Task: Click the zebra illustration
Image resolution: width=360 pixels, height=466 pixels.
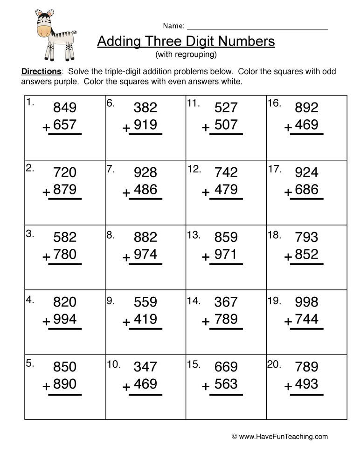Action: tap(55, 34)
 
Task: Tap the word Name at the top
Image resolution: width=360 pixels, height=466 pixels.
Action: tap(173, 26)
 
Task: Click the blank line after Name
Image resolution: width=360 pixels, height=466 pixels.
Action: tap(257, 28)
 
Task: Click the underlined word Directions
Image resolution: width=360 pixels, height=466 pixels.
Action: tap(42, 72)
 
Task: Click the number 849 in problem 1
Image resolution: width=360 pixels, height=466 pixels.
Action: tap(65, 108)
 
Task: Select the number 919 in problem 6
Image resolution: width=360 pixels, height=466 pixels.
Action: tap(145, 125)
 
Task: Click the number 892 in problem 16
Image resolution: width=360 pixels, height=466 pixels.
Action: tap(306, 108)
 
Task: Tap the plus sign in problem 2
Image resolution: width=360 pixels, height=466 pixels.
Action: tap(46, 192)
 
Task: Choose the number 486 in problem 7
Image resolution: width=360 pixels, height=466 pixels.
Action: tap(145, 190)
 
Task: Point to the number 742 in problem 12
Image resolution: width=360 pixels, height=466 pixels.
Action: tap(226, 172)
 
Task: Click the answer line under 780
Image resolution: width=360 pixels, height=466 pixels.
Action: tap(65, 264)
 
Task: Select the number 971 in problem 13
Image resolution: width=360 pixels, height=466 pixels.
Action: tap(226, 254)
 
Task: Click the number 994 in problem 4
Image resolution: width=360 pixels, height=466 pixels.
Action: tap(65, 319)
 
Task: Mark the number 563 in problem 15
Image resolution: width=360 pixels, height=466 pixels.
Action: tap(226, 384)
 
